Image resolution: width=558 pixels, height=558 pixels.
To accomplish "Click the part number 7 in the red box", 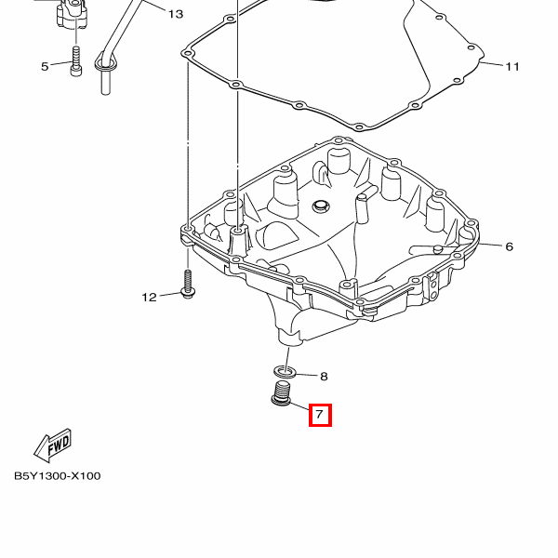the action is coord(319,415).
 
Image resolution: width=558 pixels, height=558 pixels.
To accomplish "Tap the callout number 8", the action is coord(324,377).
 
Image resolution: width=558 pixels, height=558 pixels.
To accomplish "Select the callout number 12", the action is coord(149,298).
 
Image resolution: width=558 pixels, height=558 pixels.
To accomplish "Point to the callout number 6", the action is coord(510,246).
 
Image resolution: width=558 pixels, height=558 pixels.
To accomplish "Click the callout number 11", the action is coord(512,67).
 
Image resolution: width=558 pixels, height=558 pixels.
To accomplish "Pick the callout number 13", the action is coord(176,14).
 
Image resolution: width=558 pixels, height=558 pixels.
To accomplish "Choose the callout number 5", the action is coord(45,67).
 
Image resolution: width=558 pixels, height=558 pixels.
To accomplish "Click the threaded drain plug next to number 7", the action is coord(281,394).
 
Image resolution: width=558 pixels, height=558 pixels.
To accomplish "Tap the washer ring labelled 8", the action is coord(285,372).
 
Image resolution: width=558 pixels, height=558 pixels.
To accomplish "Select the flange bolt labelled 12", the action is coord(188,284).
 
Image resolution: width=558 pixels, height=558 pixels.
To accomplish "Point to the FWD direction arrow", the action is coord(53,445).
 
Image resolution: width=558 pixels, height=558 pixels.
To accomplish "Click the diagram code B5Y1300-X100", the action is coord(58,476).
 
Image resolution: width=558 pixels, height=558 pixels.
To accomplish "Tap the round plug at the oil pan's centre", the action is coord(321,206).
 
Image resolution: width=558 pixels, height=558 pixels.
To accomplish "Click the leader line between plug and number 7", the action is coord(299,405).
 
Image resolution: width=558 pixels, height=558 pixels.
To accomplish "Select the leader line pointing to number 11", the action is coord(492,64).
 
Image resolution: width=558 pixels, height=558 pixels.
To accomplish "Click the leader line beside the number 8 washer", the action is coord(306,375).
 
